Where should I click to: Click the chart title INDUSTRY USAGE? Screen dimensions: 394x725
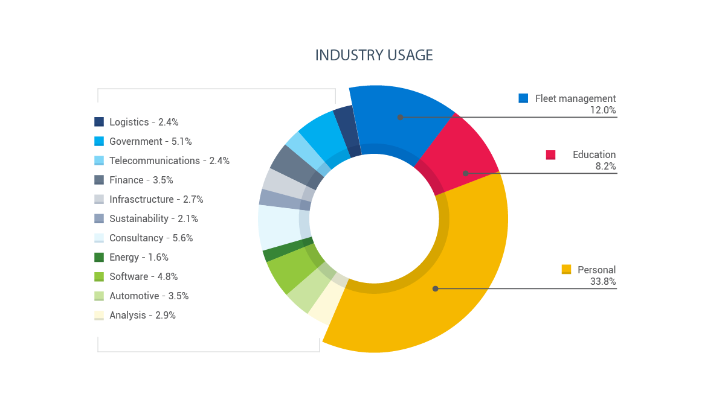[x=374, y=55]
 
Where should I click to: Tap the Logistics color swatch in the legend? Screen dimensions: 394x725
[x=99, y=122]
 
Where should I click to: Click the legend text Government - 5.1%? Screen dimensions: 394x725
[x=150, y=141]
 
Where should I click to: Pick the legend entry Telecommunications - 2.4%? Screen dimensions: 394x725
[x=169, y=160]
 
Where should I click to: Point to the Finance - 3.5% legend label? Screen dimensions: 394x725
[x=141, y=180]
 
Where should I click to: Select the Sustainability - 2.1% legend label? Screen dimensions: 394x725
[x=153, y=218]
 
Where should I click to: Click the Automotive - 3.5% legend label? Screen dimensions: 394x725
[x=149, y=296]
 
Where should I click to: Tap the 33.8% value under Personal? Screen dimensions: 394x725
[x=603, y=282]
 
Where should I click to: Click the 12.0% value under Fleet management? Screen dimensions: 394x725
[x=603, y=110]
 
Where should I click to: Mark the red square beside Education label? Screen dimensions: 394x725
[x=550, y=155]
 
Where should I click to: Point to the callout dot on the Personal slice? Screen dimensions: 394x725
[x=435, y=288]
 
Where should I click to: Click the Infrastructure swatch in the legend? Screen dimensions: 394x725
[x=99, y=199]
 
